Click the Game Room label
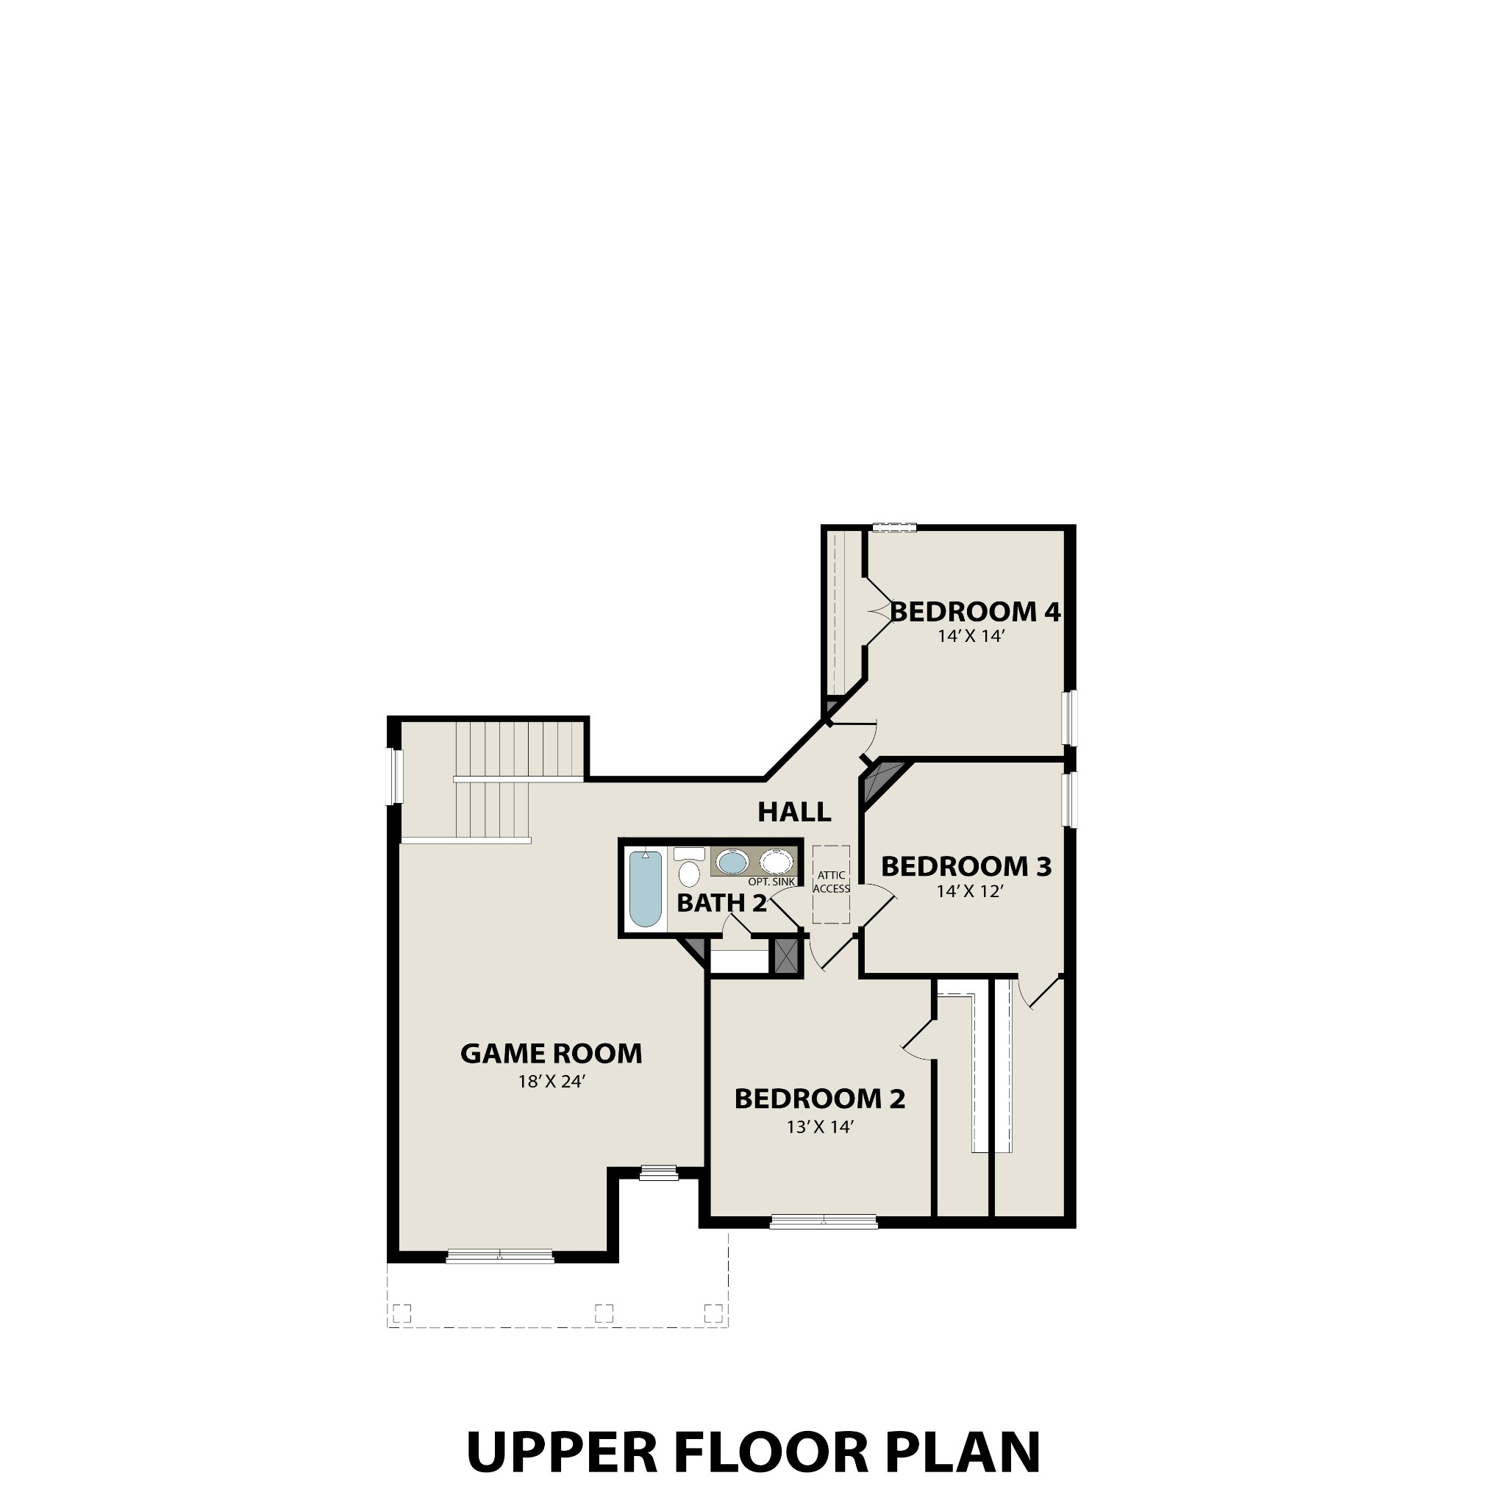point(551,1054)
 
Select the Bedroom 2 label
point(819,1099)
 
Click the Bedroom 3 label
point(966,866)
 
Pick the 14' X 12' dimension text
point(969,891)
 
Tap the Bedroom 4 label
point(975,612)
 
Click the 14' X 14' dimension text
point(971,636)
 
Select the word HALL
point(794,813)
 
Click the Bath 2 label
point(721,904)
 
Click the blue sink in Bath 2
point(732,862)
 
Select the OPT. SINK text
point(771,882)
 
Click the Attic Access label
point(831,882)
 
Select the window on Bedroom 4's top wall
point(893,528)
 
